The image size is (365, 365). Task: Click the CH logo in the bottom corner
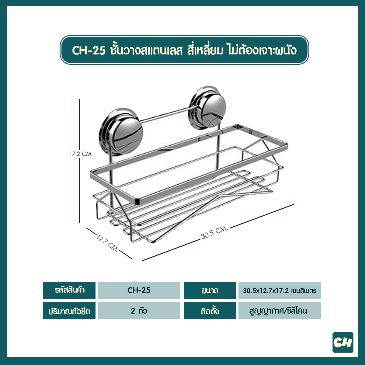(343, 342)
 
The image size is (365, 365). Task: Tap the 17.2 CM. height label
(81, 154)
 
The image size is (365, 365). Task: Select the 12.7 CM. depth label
(107, 242)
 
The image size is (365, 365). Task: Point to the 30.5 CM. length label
(214, 232)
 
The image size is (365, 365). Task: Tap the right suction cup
(207, 108)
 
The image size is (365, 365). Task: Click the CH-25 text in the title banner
(89, 50)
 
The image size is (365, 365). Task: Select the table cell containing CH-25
(139, 290)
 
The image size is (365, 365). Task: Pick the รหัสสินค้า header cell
(69, 290)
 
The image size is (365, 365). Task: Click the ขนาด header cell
(210, 290)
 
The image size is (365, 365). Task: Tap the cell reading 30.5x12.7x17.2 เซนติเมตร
(280, 290)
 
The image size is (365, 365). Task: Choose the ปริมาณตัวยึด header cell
(69, 311)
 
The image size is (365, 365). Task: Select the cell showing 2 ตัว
(139, 311)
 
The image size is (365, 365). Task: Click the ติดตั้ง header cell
(210, 311)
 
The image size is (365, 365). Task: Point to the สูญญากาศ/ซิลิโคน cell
(280, 311)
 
